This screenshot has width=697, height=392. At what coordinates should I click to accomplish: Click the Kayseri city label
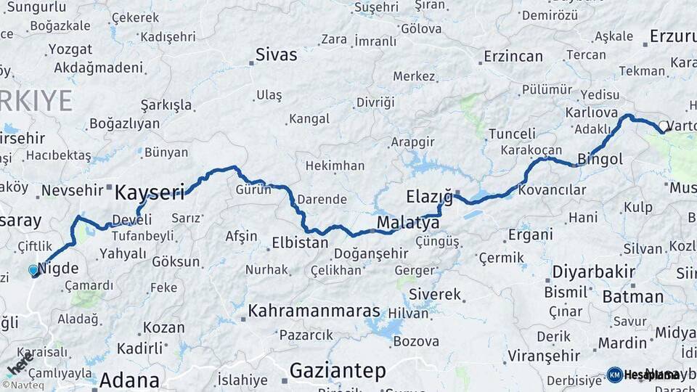click(150, 192)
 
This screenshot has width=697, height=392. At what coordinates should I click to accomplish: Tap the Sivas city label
click(276, 54)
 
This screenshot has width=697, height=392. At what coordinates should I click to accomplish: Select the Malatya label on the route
click(408, 223)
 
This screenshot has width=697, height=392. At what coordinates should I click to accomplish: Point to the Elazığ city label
click(429, 197)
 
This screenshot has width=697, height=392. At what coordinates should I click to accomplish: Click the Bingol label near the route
click(600, 159)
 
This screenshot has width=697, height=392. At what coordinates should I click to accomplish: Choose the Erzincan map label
click(513, 57)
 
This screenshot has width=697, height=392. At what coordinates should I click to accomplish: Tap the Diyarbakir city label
click(594, 271)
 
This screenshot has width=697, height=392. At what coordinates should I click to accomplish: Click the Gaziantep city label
click(338, 371)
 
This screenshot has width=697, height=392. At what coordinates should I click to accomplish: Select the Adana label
click(129, 380)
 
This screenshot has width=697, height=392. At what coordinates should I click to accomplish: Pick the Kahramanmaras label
click(314, 311)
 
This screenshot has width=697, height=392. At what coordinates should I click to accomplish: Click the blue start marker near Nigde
click(33, 270)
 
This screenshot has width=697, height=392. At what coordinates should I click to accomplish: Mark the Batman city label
click(633, 296)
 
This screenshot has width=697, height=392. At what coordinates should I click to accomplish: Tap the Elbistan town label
click(300, 242)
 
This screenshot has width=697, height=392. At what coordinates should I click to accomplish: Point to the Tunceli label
click(512, 134)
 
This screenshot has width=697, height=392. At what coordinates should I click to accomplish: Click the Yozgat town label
click(70, 50)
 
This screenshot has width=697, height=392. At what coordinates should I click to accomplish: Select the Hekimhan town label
click(335, 166)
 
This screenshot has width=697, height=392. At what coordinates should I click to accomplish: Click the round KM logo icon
click(614, 375)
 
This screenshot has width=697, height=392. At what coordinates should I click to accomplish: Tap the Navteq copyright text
click(23, 385)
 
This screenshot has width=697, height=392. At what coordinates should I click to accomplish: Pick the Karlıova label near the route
click(592, 113)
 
